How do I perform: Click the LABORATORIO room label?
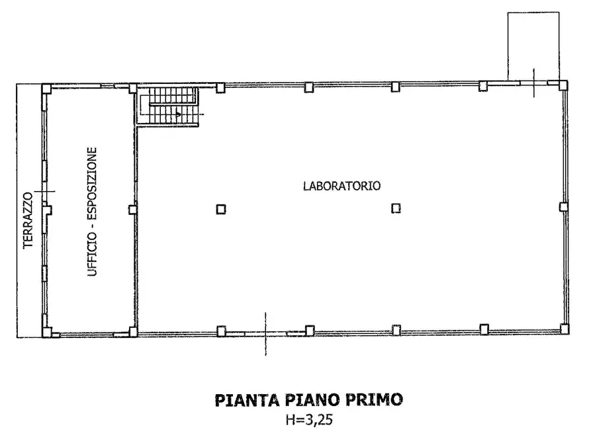click(341, 186)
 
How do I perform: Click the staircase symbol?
click(169, 106)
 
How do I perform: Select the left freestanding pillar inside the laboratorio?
click(221, 209)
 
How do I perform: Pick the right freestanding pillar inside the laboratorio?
click(396, 208)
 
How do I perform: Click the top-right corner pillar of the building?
click(563, 85)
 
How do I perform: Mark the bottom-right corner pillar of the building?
click(564, 328)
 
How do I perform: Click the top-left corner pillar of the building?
click(46, 88)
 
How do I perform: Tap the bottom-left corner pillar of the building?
click(46, 332)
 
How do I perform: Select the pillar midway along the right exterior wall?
click(563, 206)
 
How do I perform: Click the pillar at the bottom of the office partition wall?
click(132, 331)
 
